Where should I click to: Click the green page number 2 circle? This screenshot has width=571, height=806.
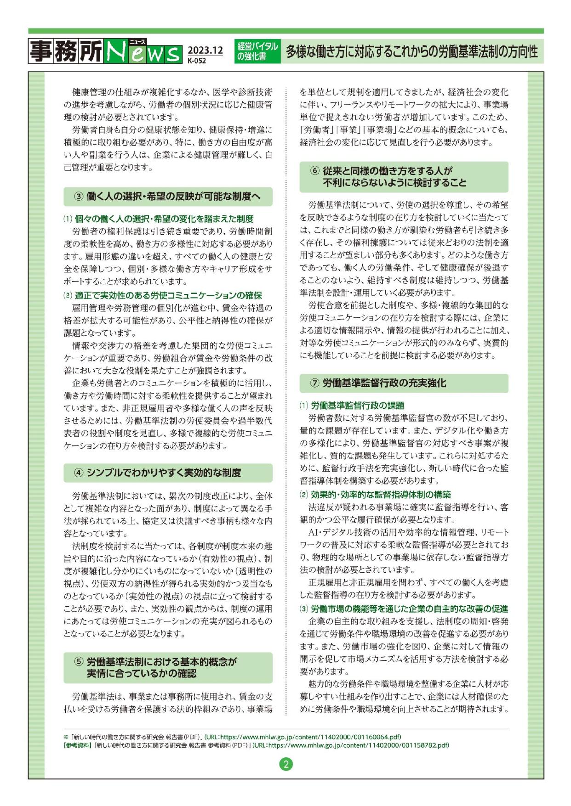(285, 765)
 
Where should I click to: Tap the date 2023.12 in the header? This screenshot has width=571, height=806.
(205, 50)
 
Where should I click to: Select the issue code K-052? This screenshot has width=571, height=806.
(197, 60)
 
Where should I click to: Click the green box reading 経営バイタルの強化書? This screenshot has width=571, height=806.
(257, 51)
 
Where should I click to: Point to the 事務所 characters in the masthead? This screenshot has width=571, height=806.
(66, 51)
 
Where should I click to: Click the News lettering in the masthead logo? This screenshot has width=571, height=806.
(143, 51)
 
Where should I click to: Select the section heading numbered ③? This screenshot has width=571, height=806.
(168, 197)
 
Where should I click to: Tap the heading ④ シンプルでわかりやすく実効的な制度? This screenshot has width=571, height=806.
(168, 473)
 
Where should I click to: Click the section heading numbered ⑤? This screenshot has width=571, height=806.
(168, 667)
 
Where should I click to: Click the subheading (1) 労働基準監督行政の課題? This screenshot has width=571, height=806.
(352, 405)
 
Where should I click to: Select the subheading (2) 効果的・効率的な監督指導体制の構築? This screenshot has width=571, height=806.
(375, 495)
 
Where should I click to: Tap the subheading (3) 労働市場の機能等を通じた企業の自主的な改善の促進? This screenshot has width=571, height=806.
(404, 609)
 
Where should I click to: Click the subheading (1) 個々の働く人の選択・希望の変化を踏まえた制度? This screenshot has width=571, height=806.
(159, 219)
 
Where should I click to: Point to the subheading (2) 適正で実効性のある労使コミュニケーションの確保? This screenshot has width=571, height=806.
(163, 295)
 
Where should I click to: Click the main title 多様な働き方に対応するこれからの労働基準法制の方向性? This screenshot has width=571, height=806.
(411, 51)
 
